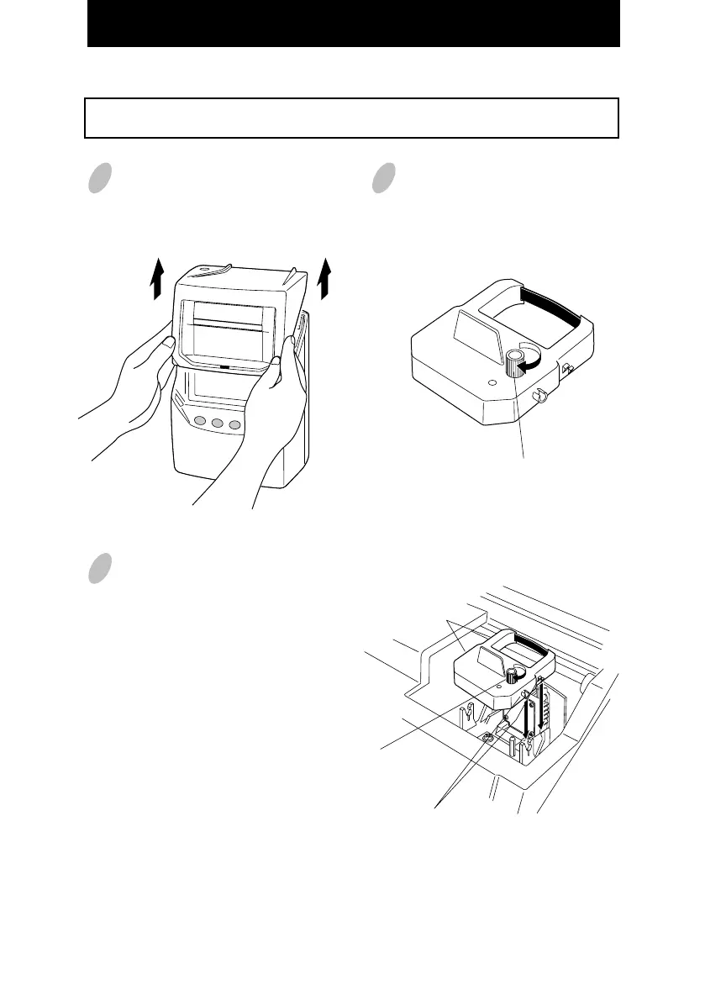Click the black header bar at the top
(353, 24)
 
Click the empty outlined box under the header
(352, 118)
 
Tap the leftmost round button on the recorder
(200, 422)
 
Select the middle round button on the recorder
(218, 424)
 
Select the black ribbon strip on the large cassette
(550, 306)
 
